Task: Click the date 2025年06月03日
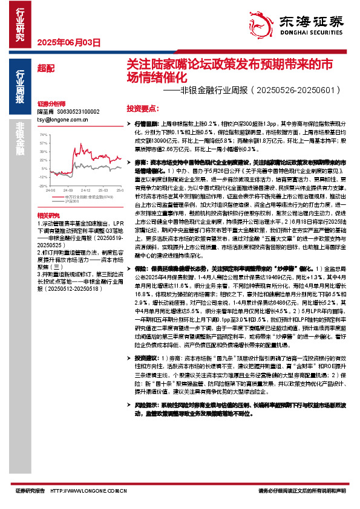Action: [68, 42]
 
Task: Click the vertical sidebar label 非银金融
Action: [20, 140]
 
